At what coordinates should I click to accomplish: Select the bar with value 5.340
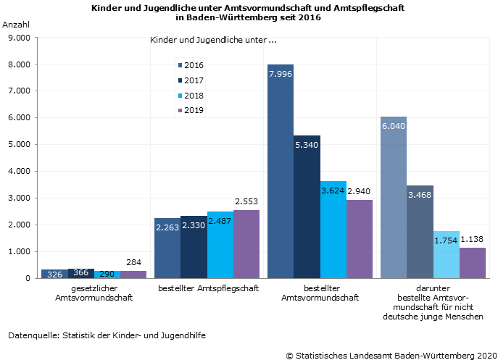pyautogui.click(x=307, y=207)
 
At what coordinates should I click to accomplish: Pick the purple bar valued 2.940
pyautogui.click(x=360, y=239)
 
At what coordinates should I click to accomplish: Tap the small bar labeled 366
pyautogui.click(x=81, y=273)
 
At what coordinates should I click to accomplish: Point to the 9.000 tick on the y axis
pyautogui.click(x=17, y=38)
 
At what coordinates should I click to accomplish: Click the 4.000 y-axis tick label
pyautogui.click(x=17, y=172)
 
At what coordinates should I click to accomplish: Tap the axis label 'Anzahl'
pyautogui.click(x=17, y=25)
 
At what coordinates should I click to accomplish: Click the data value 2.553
pyautogui.click(x=246, y=201)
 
